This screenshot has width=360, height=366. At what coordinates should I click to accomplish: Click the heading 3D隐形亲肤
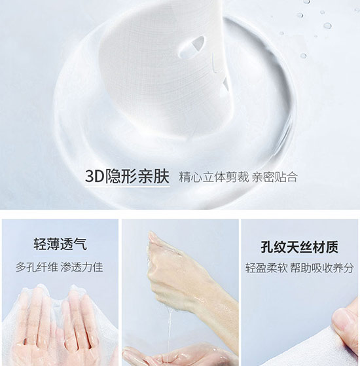point(127,177)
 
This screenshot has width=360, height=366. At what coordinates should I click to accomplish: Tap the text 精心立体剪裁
point(214,177)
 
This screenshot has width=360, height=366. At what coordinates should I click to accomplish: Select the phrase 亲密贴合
point(275,177)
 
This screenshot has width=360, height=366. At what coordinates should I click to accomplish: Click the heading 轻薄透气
point(60,244)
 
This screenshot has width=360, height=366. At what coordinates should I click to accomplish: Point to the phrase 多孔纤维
point(37,267)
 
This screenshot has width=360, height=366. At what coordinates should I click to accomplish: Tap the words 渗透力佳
point(82,267)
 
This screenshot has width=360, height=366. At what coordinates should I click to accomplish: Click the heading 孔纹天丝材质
point(299,247)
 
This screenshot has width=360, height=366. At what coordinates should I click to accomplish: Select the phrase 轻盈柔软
point(266,268)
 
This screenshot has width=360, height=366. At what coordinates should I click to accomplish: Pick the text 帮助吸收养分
point(322,268)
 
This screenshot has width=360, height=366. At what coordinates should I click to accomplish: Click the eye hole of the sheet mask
point(192,47)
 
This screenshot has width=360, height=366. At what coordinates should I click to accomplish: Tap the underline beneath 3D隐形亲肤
point(127,187)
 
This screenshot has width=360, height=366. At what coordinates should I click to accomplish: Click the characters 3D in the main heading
point(94,177)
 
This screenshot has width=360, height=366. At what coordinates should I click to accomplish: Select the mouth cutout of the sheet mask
point(225,85)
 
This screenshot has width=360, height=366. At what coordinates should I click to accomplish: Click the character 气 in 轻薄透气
point(81,244)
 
